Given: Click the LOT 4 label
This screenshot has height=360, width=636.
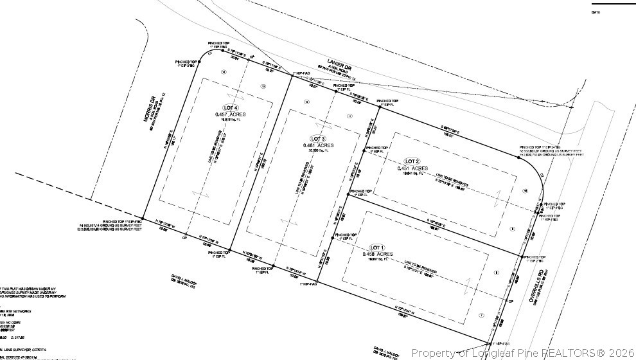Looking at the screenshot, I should [231, 107].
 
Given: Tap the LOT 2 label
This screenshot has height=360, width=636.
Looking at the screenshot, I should [412, 161].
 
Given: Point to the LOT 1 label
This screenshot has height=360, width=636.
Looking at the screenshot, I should [376, 248].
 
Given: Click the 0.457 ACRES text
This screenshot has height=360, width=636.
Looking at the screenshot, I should [230, 114].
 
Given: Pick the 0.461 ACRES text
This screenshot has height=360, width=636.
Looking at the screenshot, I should [319, 145].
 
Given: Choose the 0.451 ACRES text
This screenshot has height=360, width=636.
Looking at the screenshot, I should [412, 168].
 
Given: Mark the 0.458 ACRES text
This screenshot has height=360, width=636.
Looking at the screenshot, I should [377, 255].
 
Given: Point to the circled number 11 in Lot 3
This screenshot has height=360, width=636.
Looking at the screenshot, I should [349, 116].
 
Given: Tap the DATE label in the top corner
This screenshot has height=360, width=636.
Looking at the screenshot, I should [597, 12].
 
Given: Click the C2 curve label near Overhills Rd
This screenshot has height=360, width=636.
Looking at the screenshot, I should [542, 174].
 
